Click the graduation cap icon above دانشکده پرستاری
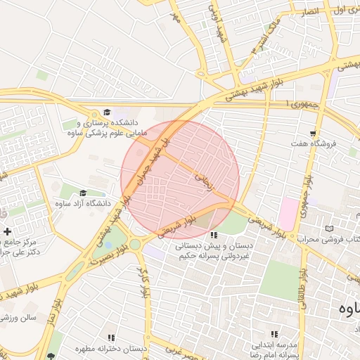pyautogui.click(x=107, y=112)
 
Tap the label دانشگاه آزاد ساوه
pyautogui.click(x=79, y=203)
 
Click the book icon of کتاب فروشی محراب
pyautogui.click(x=330, y=229)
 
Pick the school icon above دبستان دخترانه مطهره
pyautogui.click(x=111, y=337)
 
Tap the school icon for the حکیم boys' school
pyautogui.click(x=214, y=235)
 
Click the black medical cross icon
pyautogui.click(x=7, y=231)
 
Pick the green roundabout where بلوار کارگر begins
pyautogui.click(x=134, y=244)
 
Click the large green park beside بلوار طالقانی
pyautogui.click(x=279, y=282)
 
